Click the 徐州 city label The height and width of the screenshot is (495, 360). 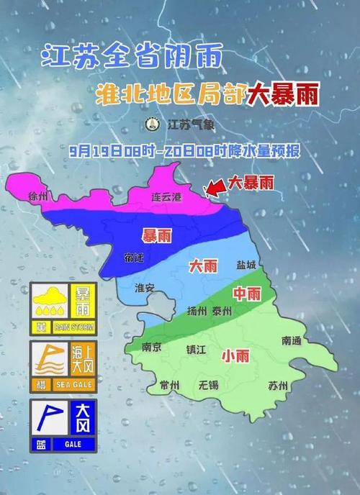(x=37, y=196)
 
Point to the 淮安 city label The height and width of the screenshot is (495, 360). (x=145, y=288)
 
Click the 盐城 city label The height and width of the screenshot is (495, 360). (x=246, y=265)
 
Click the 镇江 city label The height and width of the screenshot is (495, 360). (x=196, y=349)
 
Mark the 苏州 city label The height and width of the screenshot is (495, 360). (x=277, y=386)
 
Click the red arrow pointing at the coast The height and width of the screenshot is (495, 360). (x=214, y=187)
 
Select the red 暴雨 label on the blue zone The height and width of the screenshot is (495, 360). (x=156, y=235)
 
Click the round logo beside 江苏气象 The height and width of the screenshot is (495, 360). (x=152, y=124)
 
